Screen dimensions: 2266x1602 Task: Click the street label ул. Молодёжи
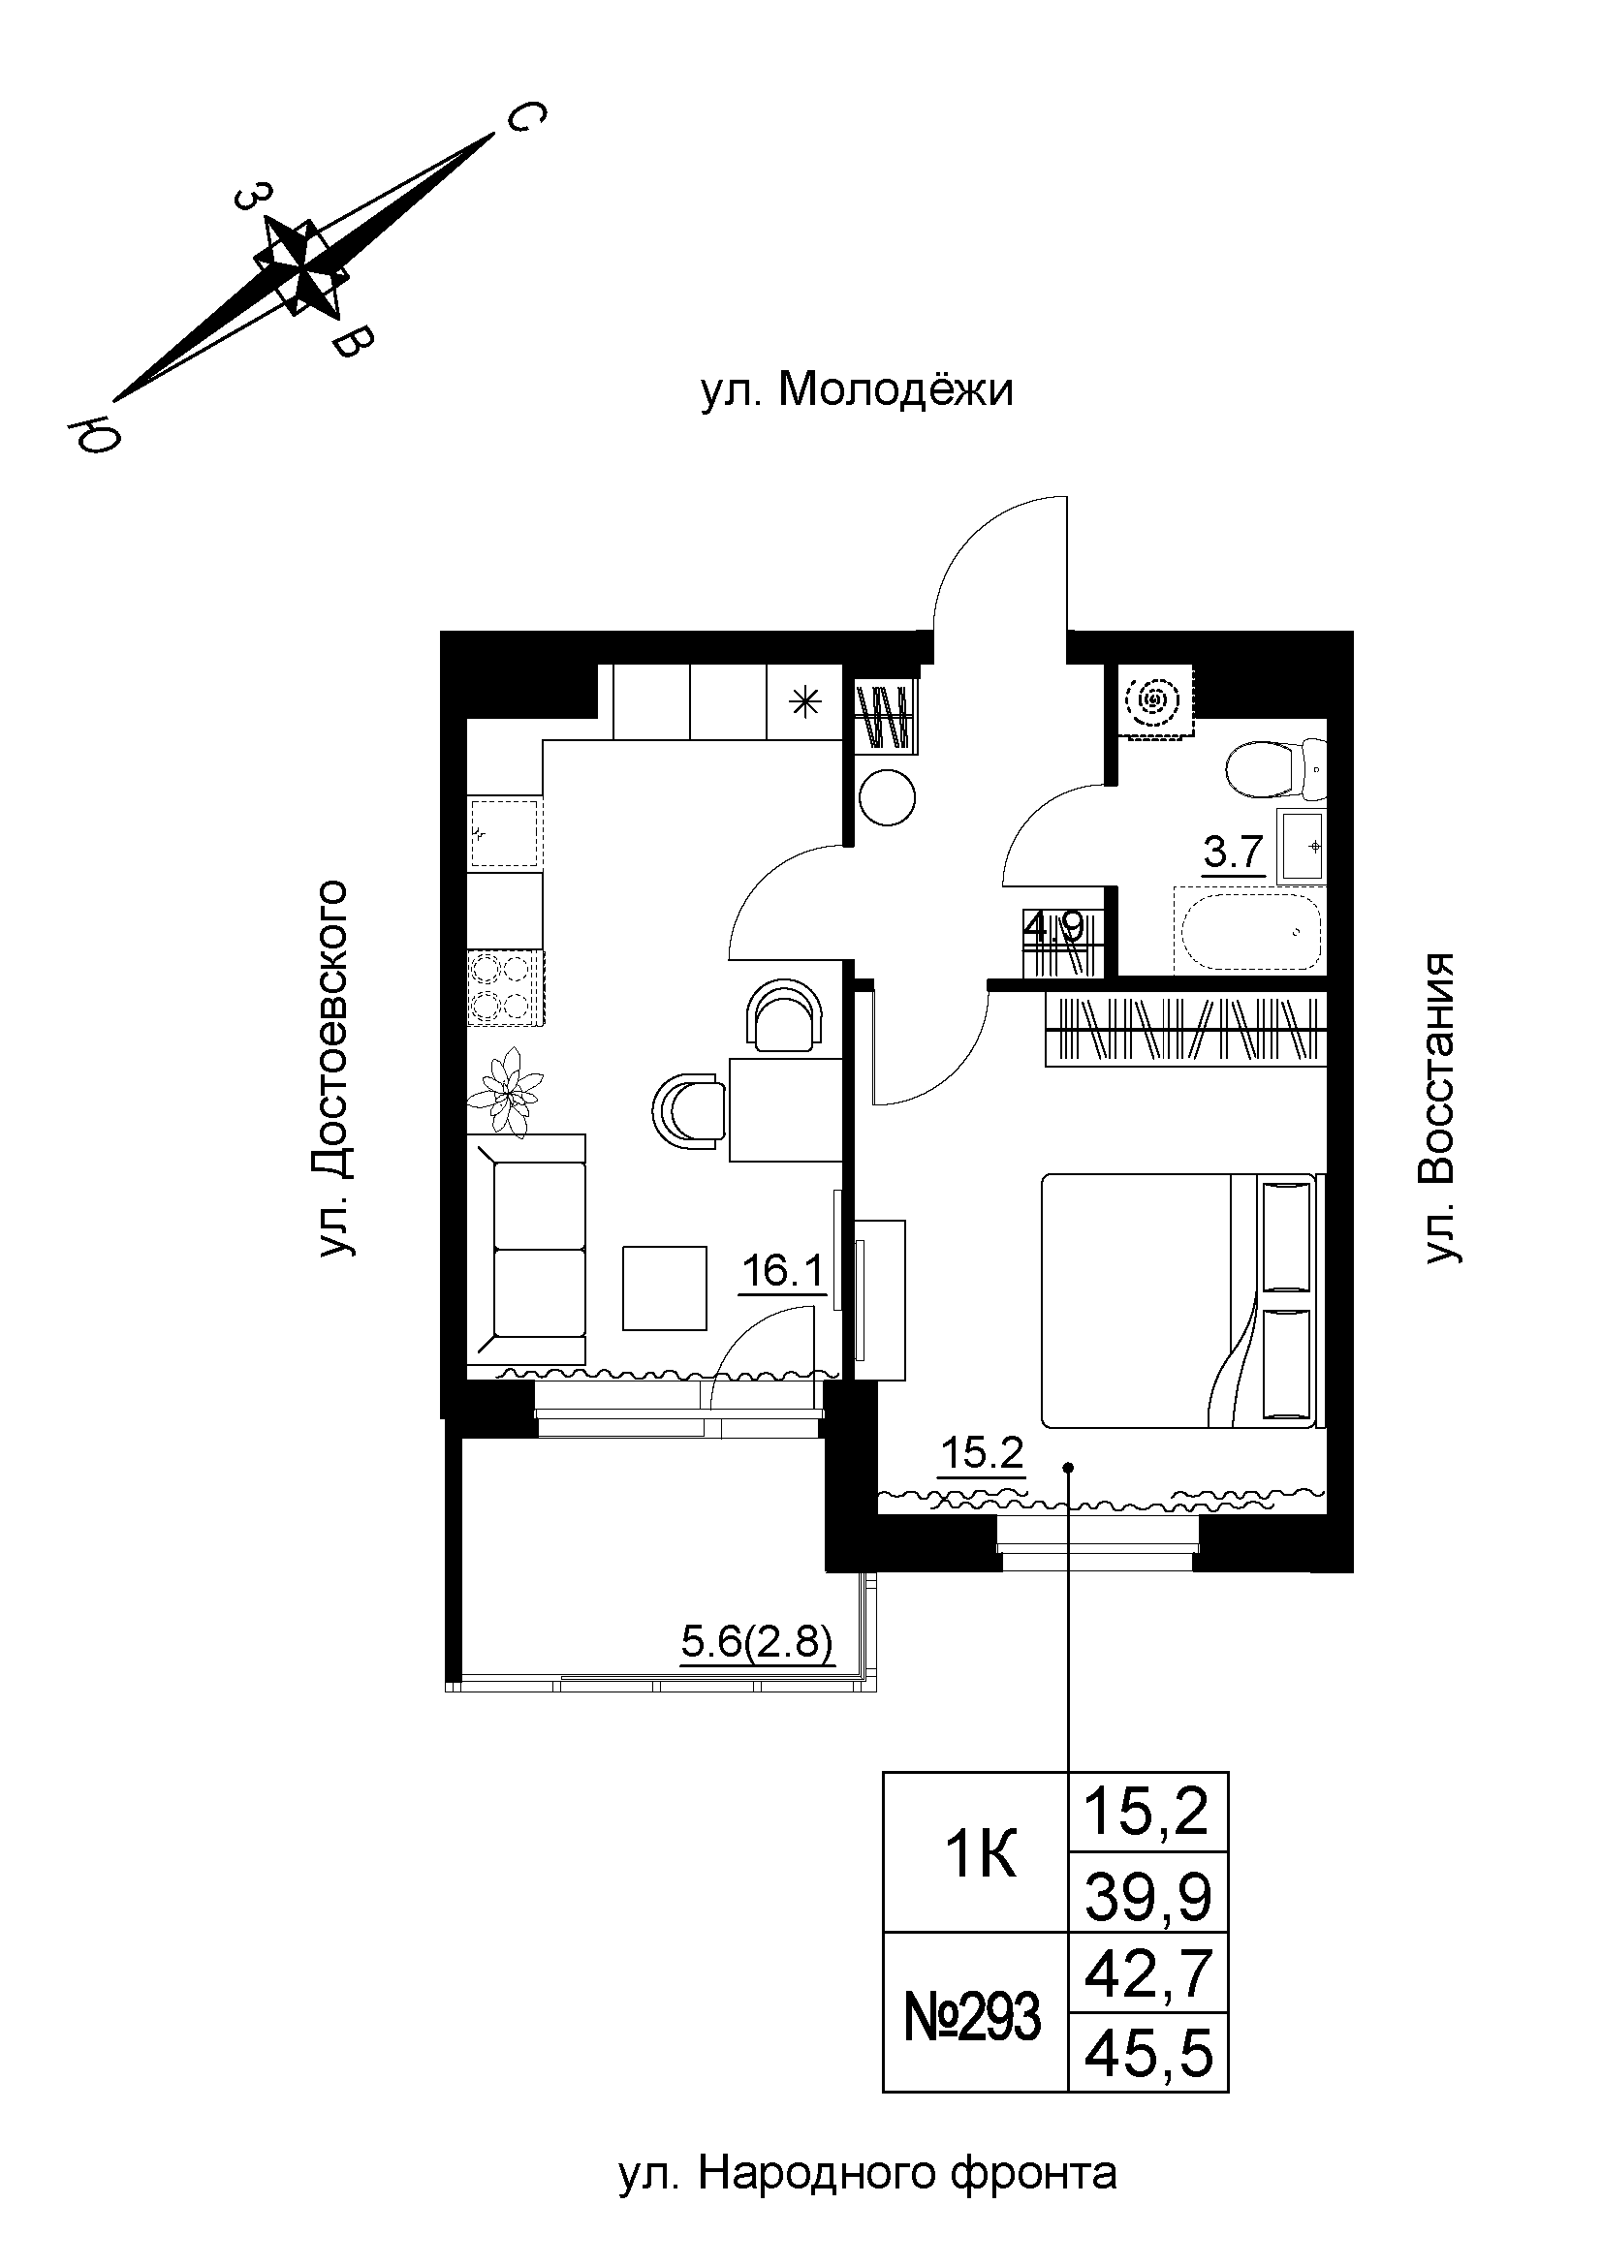856,391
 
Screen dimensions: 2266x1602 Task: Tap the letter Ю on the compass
92,431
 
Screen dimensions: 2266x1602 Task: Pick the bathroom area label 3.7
1234,852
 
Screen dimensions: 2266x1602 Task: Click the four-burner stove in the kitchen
503,989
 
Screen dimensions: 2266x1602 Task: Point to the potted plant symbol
510,1092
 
